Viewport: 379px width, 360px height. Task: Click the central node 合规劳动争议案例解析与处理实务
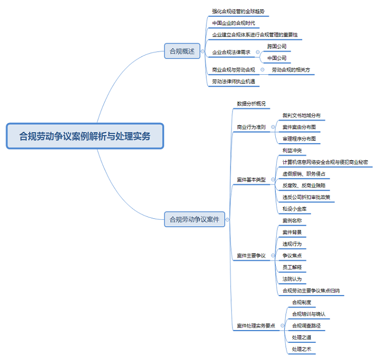coord(85,136)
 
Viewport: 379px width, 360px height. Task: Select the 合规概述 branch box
coord(182,51)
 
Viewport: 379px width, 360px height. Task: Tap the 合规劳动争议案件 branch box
coord(194,220)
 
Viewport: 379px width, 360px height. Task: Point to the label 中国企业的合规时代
coord(233,23)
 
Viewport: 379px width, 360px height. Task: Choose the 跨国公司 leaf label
coord(277,46)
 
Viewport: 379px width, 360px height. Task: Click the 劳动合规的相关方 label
coord(291,70)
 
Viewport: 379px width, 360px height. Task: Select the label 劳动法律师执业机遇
coord(233,82)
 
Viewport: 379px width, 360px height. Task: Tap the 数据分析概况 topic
coord(251,104)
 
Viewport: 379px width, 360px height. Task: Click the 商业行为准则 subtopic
coord(251,127)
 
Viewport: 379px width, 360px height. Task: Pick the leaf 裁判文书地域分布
coord(301,115)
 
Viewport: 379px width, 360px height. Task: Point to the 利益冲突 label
coord(292,150)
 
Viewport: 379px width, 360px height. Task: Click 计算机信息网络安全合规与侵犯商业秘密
coord(325,162)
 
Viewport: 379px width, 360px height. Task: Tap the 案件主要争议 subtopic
coord(251,256)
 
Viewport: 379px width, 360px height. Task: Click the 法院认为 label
coord(292,279)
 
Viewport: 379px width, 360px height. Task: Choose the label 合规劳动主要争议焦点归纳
coord(311,291)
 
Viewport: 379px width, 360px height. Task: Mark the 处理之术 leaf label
coord(301,349)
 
